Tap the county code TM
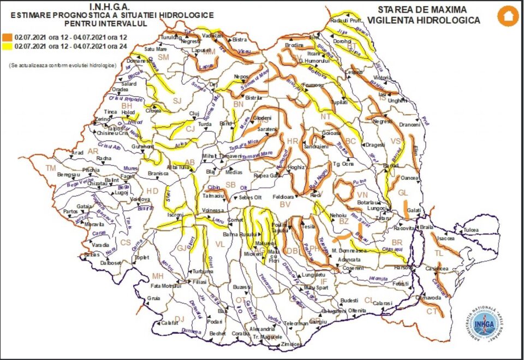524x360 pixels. [51, 168]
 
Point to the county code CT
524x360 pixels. [432, 311]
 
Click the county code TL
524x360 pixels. [439, 253]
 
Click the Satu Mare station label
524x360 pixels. [154, 49]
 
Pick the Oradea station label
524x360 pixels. [120, 90]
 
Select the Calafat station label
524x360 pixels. [170, 323]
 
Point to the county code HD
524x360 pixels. [152, 191]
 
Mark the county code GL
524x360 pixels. [403, 193]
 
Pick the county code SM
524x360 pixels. [163, 57]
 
